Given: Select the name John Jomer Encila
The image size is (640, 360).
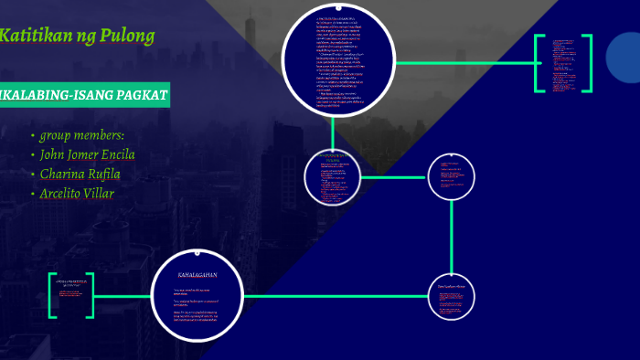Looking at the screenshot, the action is pyautogui.click(x=88, y=154).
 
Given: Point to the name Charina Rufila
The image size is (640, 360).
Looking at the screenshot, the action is pyautogui.click(x=80, y=174).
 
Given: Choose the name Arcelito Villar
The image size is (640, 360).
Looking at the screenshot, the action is pyautogui.click(x=77, y=193).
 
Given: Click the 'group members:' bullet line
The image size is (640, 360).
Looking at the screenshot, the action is pyautogui.click(x=82, y=135).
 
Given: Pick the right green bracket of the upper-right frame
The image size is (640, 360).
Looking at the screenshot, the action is pyautogui.click(x=587, y=63).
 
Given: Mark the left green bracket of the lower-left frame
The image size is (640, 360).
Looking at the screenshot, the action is pyautogui.click(x=53, y=295).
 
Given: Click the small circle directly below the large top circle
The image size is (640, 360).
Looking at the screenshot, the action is pyautogui.click(x=334, y=176).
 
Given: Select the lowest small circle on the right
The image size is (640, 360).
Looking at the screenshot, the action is pyautogui.click(x=452, y=297).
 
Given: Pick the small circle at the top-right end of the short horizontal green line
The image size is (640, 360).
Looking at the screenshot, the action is pyautogui.click(x=452, y=176).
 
